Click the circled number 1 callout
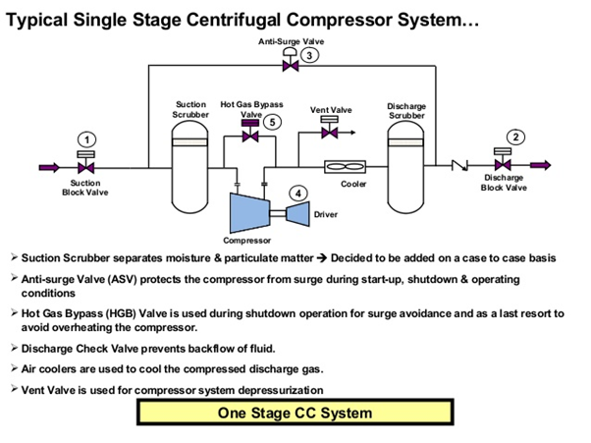pyautogui.click(x=86, y=139)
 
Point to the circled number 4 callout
pyautogui.click(x=296, y=194)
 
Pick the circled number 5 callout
pyautogui.click(x=272, y=122)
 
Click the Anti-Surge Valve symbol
pyautogui.click(x=291, y=67)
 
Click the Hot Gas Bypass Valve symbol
pyautogui.click(x=250, y=138)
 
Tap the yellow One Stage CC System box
pyautogui.click(x=295, y=414)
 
